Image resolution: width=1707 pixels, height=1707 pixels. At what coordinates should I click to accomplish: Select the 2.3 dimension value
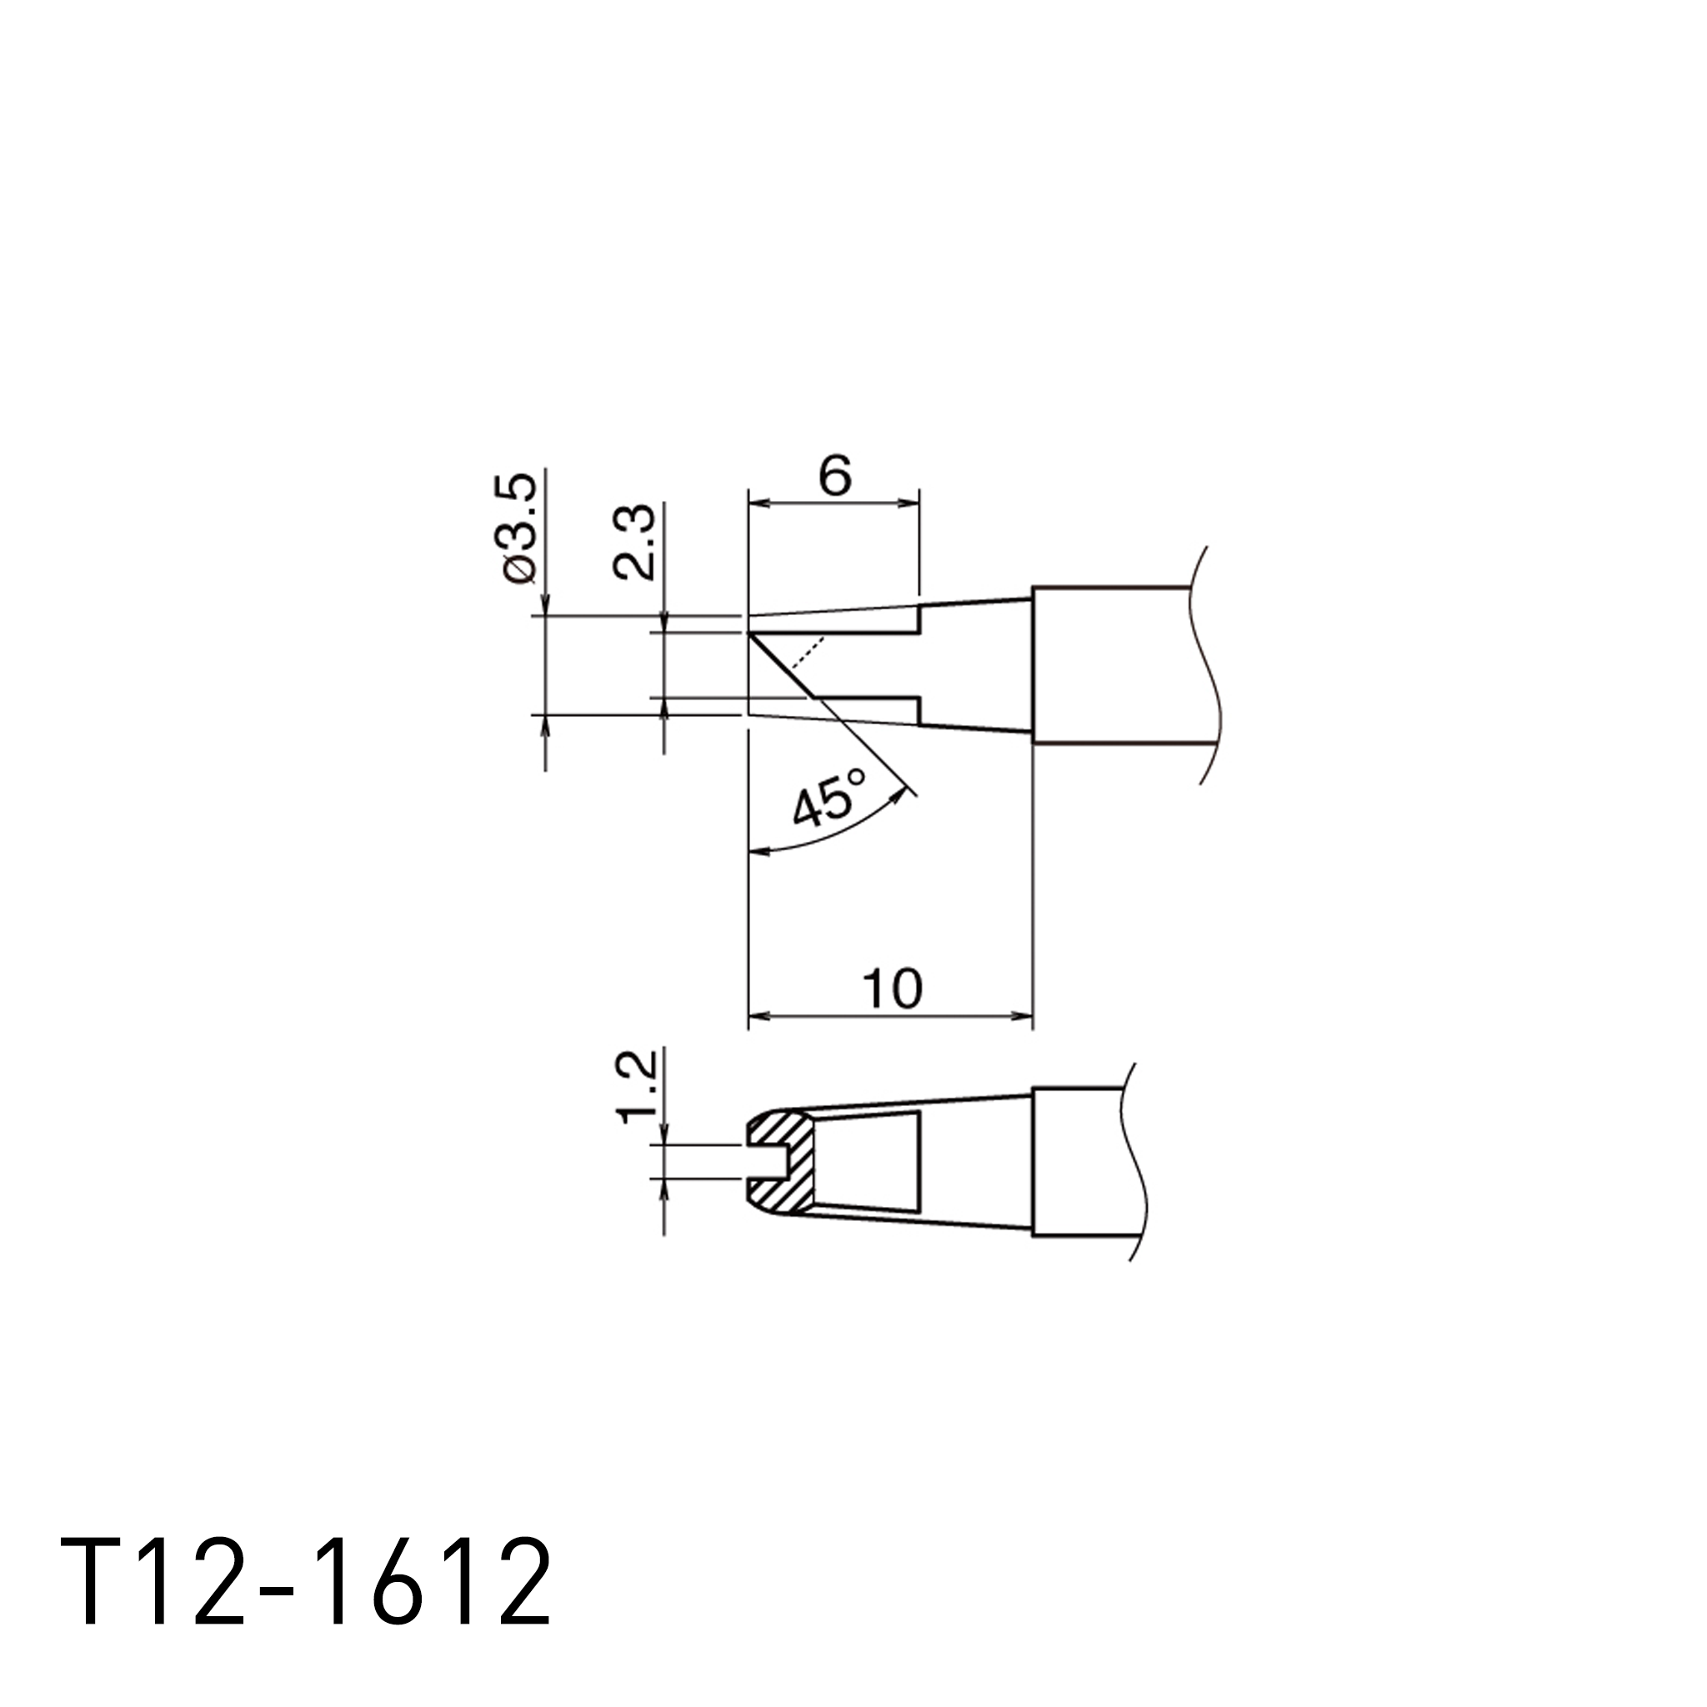(634, 542)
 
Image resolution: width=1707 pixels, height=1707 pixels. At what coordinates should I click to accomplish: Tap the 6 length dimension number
(834, 476)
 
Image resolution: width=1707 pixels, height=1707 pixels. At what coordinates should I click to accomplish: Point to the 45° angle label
(828, 797)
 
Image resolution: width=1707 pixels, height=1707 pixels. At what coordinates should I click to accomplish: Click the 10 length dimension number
(893, 989)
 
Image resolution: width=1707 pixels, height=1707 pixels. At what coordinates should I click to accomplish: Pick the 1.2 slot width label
(636, 1087)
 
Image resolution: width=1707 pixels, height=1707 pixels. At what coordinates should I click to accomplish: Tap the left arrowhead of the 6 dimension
(758, 503)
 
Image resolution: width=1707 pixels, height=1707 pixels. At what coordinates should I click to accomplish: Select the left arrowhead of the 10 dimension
(758, 1017)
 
